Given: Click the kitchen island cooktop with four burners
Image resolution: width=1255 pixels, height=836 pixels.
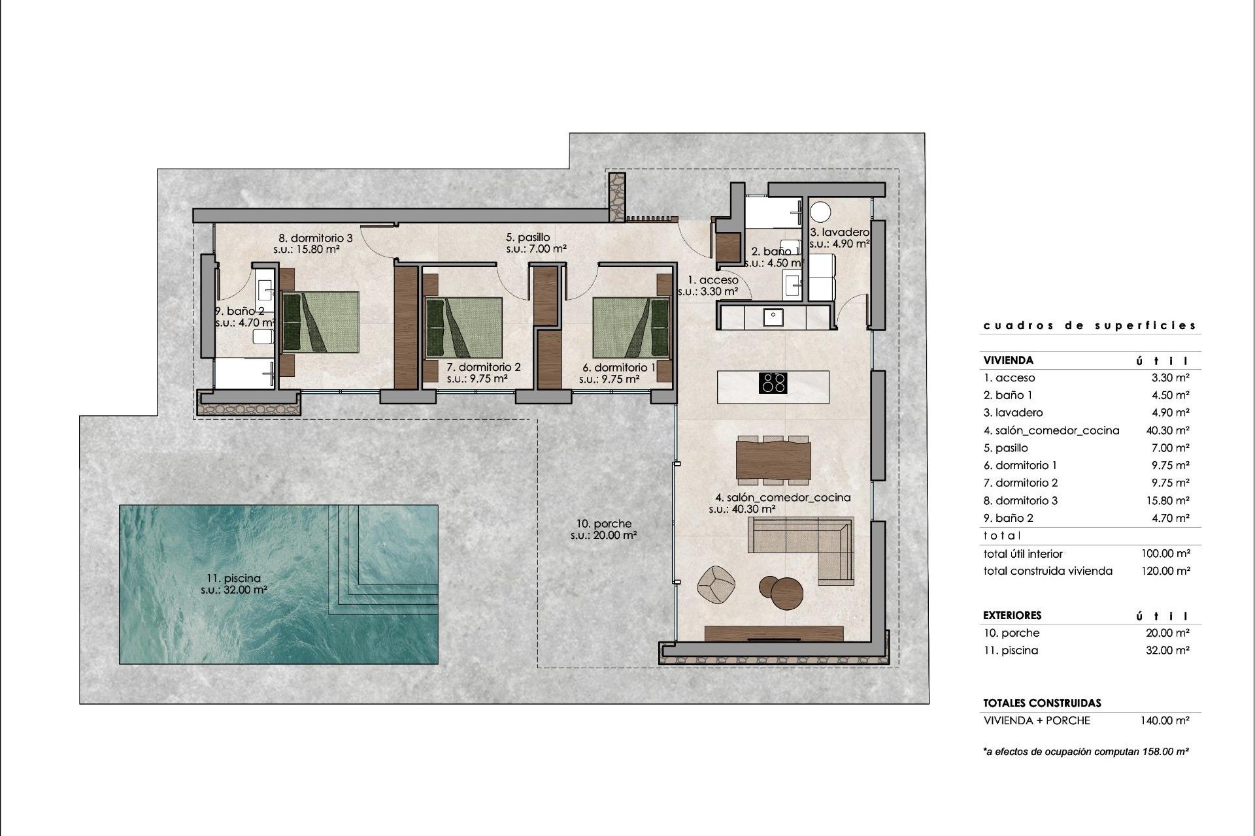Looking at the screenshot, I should [773, 382].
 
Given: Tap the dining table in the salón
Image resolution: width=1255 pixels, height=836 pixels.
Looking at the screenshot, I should [773, 460].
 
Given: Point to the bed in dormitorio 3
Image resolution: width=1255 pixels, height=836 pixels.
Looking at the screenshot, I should [320, 322].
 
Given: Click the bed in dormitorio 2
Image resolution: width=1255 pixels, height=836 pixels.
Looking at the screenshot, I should [464, 328].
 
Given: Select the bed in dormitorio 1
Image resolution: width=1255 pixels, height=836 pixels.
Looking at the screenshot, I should [631, 328].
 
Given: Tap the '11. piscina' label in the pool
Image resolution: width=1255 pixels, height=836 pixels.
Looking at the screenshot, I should [233, 578].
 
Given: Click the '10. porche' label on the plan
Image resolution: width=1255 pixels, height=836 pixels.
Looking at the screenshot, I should [603, 523].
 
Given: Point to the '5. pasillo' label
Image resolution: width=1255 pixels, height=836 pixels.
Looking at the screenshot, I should [527, 237].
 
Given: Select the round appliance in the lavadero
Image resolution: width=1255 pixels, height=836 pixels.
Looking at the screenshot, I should [820, 212].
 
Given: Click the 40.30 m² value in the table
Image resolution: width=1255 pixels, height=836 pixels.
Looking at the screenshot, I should [1165, 430].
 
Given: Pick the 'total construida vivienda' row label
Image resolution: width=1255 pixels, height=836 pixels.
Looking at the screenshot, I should [1047, 571].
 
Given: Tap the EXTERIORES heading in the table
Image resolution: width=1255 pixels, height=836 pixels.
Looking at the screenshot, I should [1012, 615].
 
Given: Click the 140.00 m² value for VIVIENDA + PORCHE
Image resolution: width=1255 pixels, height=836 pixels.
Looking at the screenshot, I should [1165, 720].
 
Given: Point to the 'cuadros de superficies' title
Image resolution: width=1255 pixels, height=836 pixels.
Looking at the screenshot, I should [1090, 325].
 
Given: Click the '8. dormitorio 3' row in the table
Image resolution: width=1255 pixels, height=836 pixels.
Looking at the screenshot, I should [1020, 500].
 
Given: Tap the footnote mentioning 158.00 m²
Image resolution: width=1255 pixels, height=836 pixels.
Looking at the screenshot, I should [1085, 752].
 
